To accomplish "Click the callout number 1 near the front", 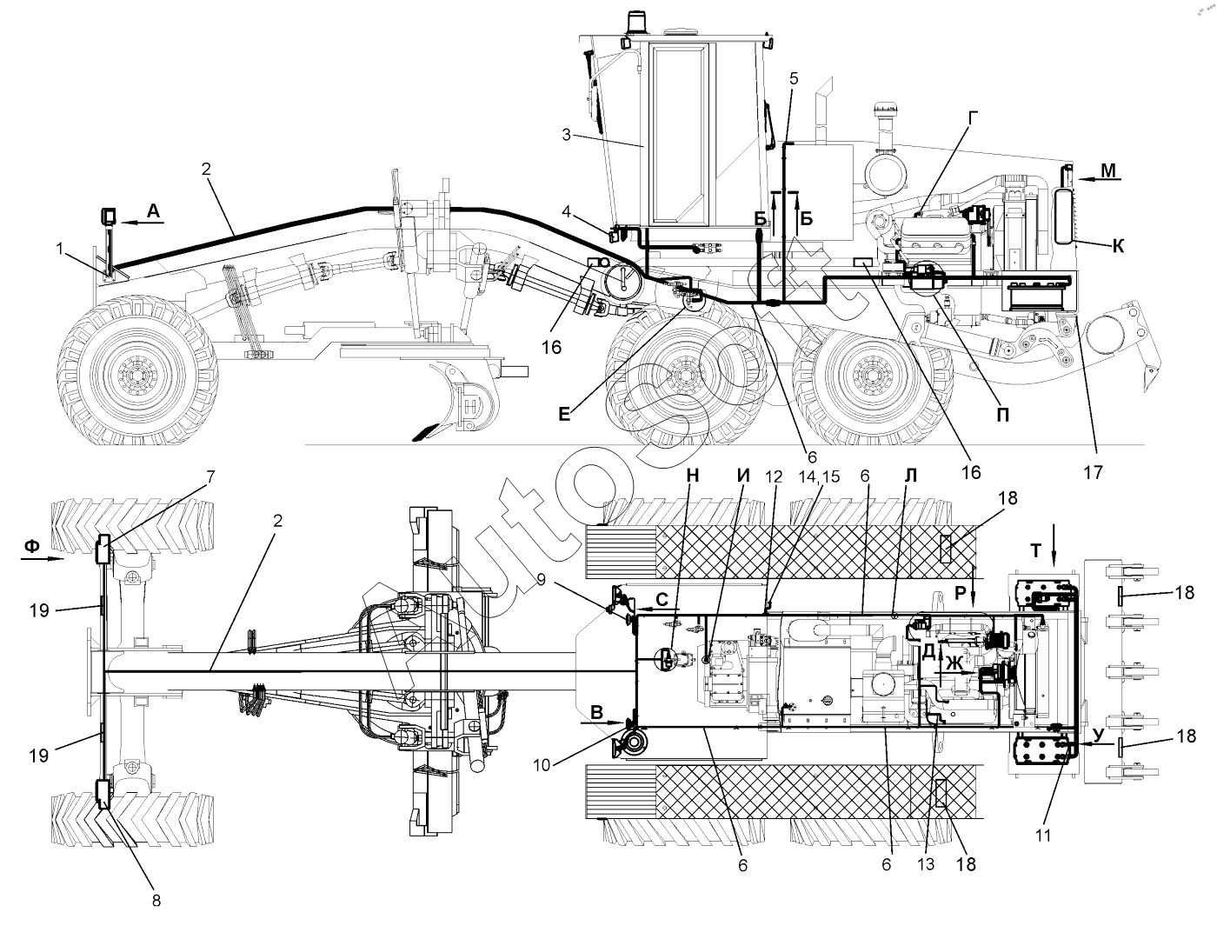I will [x=60, y=249].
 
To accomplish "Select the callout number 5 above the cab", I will [x=794, y=77].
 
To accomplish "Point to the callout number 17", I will [x=1093, y=472].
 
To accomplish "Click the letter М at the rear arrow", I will [x=1108, y=170].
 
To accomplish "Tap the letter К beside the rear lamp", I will [x=1118, y=247].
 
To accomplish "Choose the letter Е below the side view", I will [x=565, y=416].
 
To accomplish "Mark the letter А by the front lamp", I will [x=153, y=210].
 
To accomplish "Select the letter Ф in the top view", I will [x=31, y=546].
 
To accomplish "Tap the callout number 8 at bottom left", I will [x=156, y=901].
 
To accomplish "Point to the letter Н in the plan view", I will [x=693, y=475].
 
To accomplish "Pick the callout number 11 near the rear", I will [x=1043, y=836].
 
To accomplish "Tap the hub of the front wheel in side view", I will [x=135, y=375].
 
